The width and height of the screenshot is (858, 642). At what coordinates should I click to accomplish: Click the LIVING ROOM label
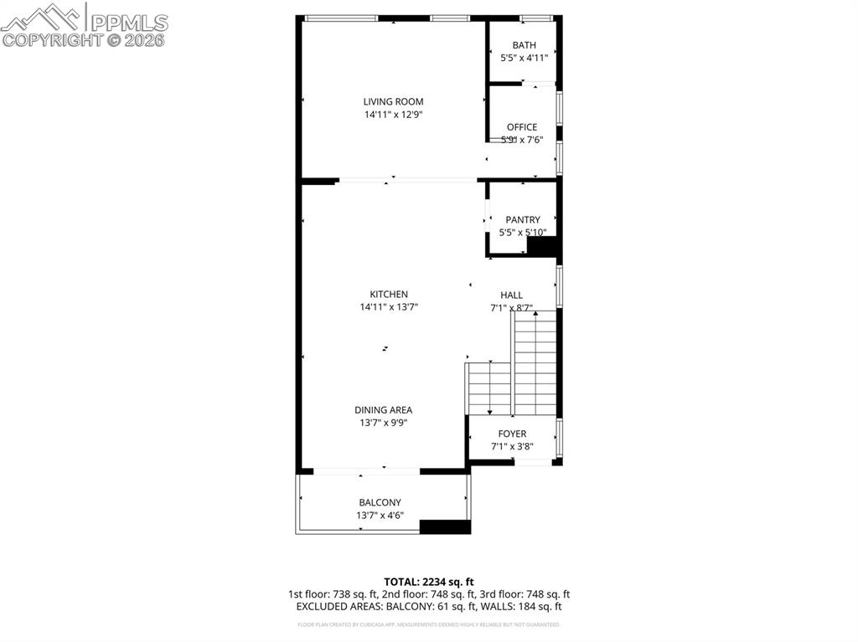[393, 102]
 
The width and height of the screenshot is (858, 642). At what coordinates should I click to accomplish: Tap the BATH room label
[525, 45]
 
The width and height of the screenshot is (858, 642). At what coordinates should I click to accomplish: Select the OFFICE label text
[522, 127]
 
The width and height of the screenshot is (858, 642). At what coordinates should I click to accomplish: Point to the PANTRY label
[523, 220]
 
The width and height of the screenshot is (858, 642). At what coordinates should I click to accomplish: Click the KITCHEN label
[389, 295]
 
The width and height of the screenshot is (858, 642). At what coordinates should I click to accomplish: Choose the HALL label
[512, 295]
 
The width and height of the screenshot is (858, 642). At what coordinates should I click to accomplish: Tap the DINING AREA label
[383, 410]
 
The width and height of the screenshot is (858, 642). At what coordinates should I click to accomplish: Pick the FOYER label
[512, 434]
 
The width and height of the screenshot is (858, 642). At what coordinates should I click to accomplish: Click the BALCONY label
[380, 503]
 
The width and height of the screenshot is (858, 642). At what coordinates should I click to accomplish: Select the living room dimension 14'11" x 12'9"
[393, 115]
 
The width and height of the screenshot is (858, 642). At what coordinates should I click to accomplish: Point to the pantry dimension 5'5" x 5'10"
[523, 233]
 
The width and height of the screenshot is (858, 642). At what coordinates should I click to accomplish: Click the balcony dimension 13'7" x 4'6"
[380, 516]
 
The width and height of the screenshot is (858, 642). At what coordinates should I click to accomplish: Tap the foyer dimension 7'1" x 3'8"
[512, 447]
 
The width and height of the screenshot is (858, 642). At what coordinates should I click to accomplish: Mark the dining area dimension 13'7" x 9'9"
[383, 424]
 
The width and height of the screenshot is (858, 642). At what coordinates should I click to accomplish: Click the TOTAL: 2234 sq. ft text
[429, 582]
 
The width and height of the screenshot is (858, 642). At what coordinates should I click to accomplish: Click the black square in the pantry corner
[542, 247]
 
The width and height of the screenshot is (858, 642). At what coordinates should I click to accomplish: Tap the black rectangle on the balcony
[444, 527]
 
